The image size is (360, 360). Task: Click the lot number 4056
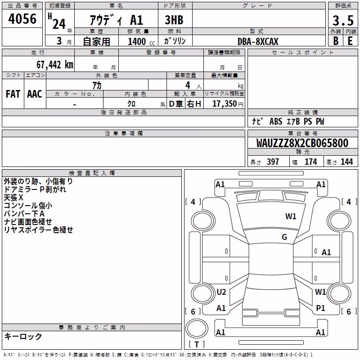22,19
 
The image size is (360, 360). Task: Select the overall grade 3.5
343,21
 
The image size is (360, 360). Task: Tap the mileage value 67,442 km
55,65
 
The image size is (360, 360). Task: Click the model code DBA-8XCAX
258,41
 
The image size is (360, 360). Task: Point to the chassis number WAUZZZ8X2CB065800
302,143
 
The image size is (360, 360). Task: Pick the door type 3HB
174,20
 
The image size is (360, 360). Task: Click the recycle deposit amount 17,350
225,104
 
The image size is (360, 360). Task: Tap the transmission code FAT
13,94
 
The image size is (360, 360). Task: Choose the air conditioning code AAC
35,94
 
